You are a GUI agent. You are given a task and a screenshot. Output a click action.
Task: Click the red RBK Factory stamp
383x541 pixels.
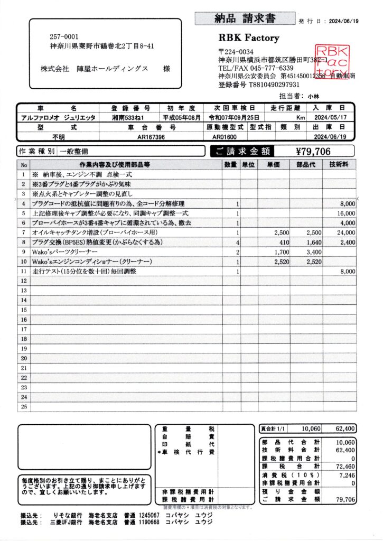click(x=332, y=62)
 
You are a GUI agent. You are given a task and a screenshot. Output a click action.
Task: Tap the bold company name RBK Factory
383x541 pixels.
click(x=248, y=38)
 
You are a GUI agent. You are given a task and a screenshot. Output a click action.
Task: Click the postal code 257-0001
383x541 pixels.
click(x=64, y=37)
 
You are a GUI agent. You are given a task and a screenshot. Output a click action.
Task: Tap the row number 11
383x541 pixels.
click(x=23, y=271)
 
